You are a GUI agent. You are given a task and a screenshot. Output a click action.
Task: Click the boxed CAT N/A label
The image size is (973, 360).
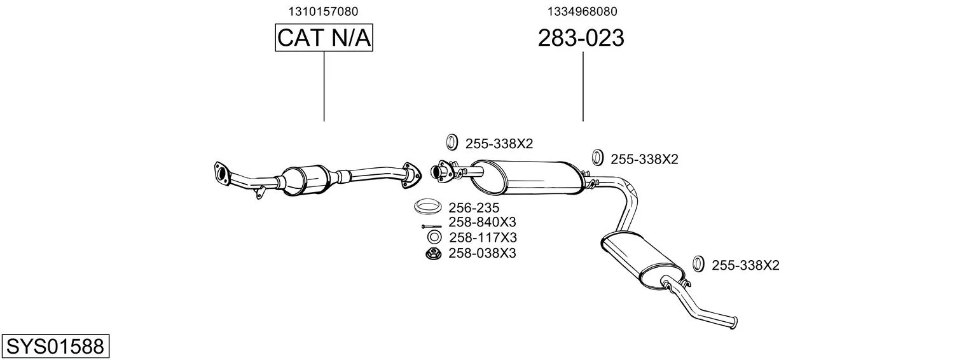pyautogui.click(x=324, y=38)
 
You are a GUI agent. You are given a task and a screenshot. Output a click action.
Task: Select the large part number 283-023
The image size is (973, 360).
pyautogui.click(x=581, y=38)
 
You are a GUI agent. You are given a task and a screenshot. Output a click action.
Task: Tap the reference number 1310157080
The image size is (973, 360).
pyautogui.click(x=324, y=11)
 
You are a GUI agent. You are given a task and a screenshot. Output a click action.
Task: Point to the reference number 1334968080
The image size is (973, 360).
pyautogui.click(x=582, y=11)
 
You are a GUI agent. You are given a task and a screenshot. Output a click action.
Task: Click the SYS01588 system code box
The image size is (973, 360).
pyautogui.click(x=55, y=346)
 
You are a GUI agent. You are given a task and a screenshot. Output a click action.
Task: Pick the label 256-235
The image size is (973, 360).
pyautogui.click(x=474, y=207)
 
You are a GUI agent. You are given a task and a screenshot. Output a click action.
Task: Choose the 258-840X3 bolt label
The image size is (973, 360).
pyautogui.click(x=482, y=222)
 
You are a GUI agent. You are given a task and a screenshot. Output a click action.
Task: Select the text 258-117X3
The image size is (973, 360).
pyautogui.click(x=483, y=237)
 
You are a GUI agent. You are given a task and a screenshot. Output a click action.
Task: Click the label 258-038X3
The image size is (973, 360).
pyautogui.click(x=482, y=253)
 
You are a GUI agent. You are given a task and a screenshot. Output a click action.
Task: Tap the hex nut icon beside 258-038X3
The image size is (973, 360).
pyautogui.click(x=434, y=253)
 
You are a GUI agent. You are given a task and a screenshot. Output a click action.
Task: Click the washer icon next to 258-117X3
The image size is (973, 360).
pyautogui.click(x=434, y=237)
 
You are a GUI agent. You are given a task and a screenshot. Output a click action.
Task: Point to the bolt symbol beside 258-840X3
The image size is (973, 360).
pyautogui.click(x=431, y=226)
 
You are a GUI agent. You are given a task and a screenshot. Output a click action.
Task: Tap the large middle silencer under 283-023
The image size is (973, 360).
pyautogui.click(x=528, y=177)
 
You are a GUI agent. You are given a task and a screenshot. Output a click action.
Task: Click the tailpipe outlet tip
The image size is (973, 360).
pyautogui.click(x=734, y=322)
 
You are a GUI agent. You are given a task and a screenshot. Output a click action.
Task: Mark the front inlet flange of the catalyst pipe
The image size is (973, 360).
pyautogui.click(x=222, y=173)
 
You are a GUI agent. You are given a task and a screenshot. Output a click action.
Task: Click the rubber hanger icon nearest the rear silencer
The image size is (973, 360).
pyautogui.click(x=698, y=264)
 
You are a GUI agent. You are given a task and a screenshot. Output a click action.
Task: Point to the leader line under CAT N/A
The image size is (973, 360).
pyautogui.click(x=324, y=86)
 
